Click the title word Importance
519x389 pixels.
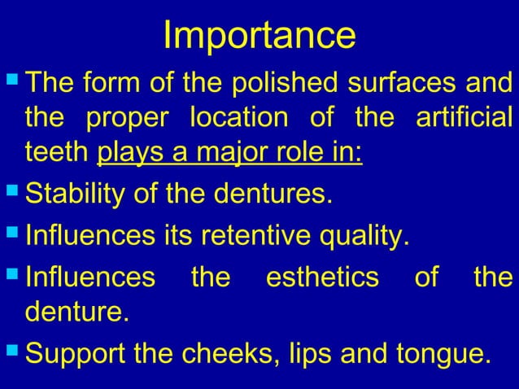click(259, 35)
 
